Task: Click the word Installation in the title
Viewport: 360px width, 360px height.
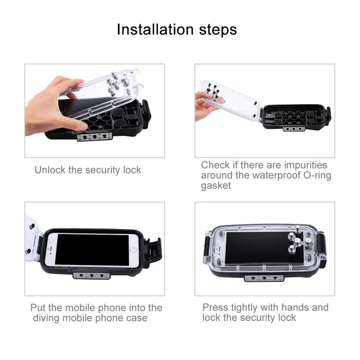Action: (155, 30)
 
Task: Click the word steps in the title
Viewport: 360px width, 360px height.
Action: (218, 30)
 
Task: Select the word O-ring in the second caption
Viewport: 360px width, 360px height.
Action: (317, 175)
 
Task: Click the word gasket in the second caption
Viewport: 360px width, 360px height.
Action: (216, 185)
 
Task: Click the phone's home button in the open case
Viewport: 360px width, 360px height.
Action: (133, 250)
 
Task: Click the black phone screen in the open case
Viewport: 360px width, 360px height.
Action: (92, 250)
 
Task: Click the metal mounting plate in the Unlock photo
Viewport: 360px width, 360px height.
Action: (95, 137)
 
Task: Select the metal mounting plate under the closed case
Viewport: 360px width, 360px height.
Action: (264, 278)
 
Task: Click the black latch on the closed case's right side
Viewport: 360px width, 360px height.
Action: (321, 246)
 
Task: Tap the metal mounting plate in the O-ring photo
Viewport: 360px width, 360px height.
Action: (294, 129)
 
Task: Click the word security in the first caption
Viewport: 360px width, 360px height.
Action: (103, 170)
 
